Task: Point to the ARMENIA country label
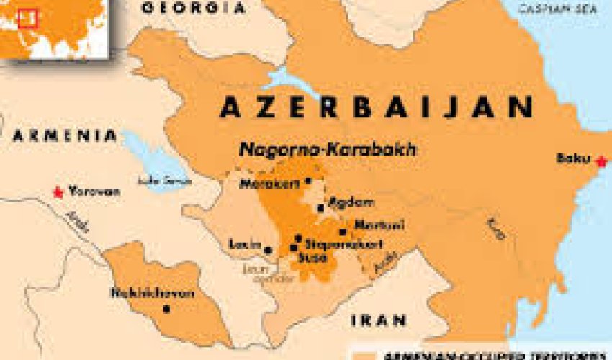click(65, 135)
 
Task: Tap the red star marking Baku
click(602, 161)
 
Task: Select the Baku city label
click(572, 158)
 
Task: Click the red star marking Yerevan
click(58, 192)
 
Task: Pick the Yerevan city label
click(94, 192)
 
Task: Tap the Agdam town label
click(341, 202)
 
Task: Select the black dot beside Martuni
click(342, 232)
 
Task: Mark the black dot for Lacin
click(268, 251)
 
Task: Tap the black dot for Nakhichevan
click(166, 309)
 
